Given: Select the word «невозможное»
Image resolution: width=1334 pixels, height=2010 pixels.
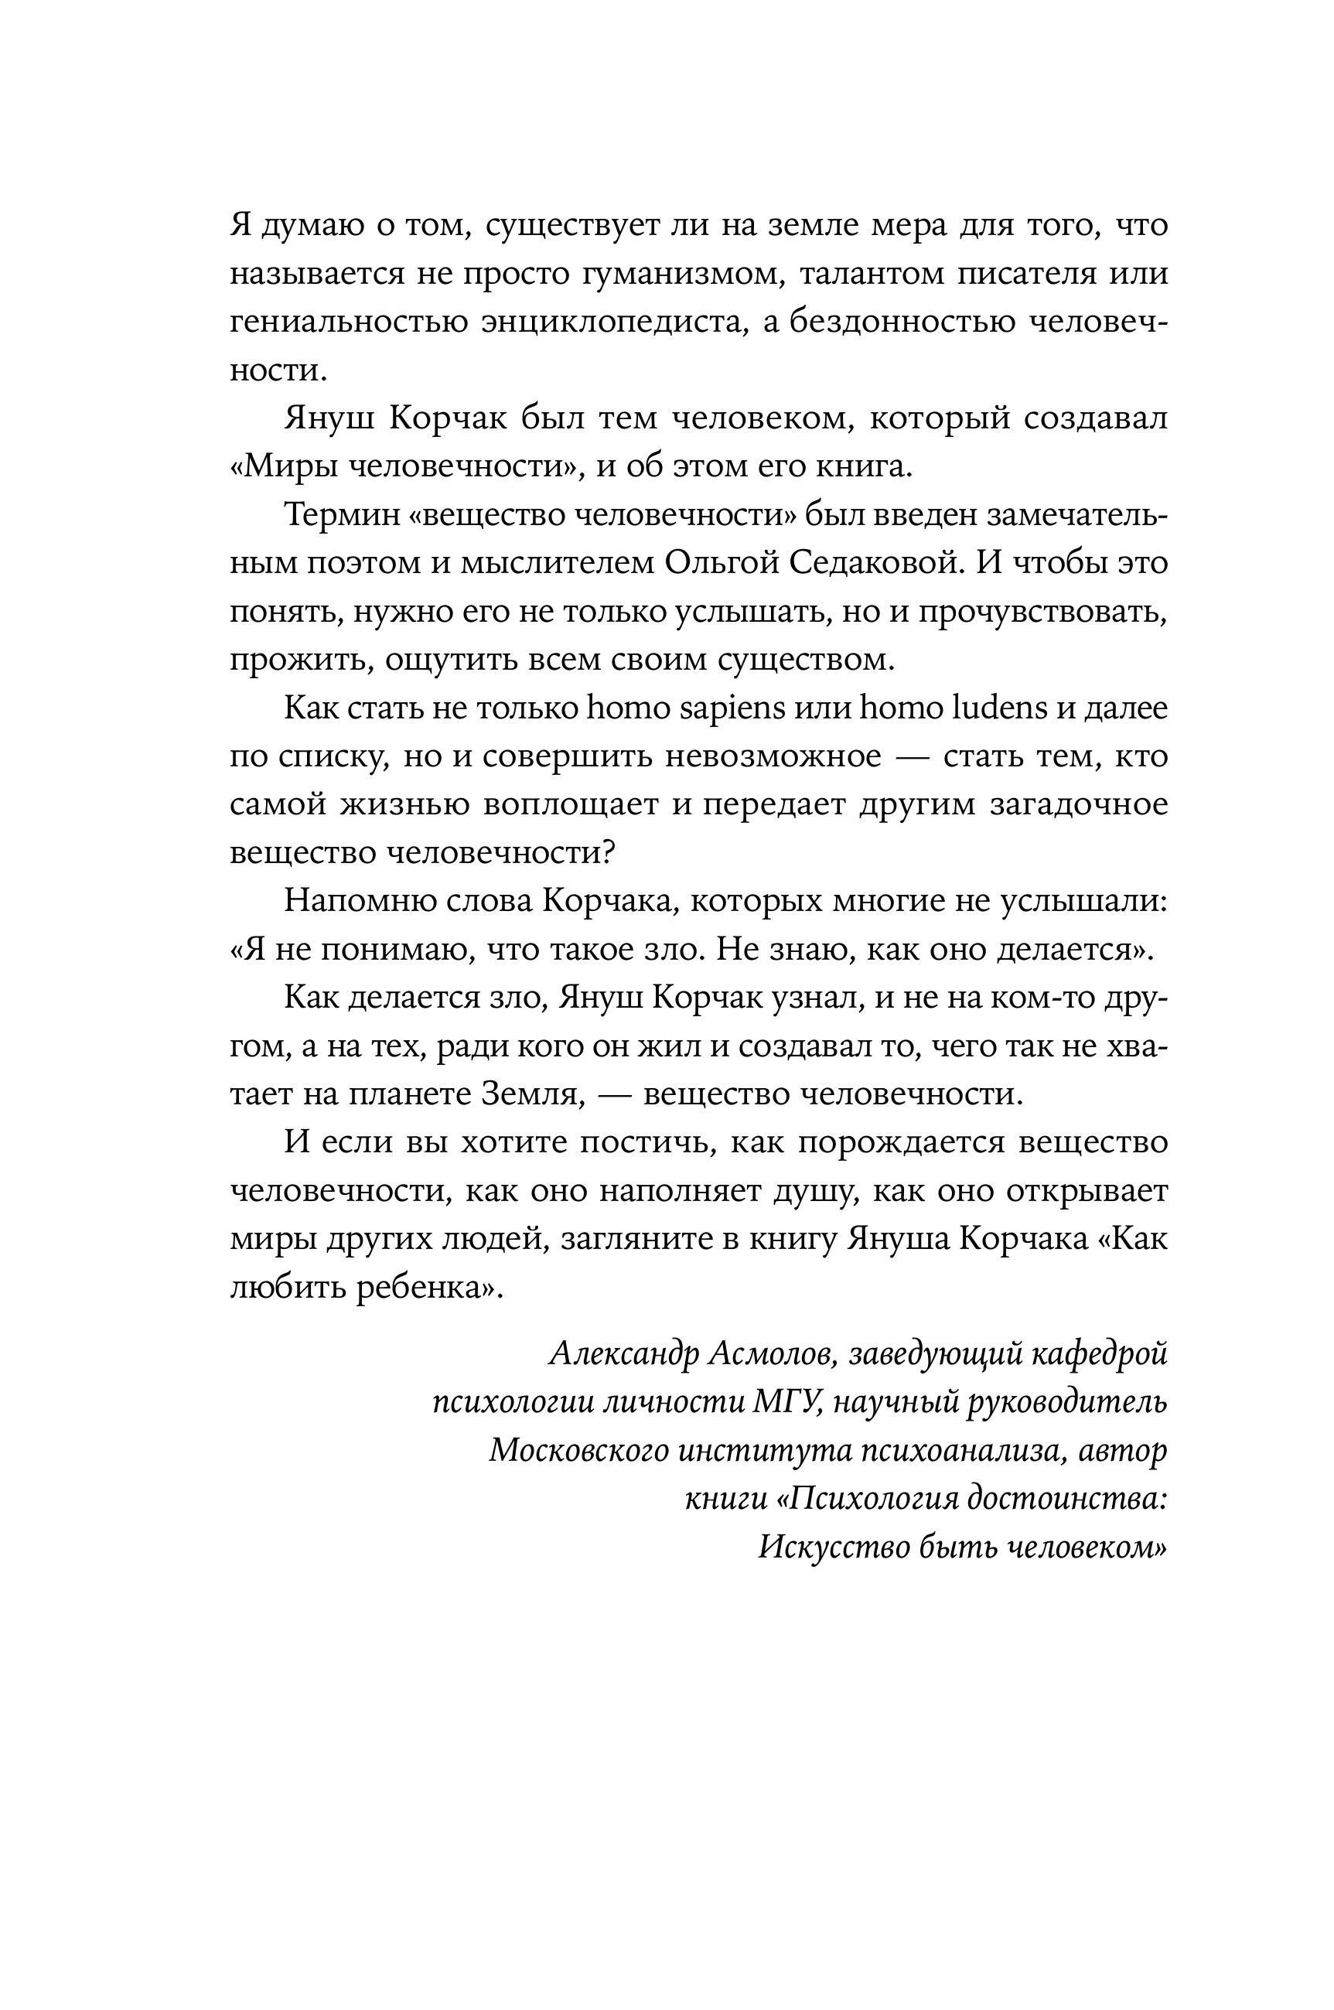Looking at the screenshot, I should [773, 756].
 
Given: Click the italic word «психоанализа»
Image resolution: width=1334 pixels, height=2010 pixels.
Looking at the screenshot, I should [958, 1450].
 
